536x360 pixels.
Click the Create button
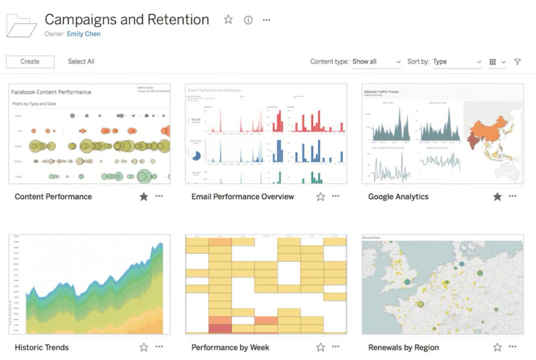point(30,62)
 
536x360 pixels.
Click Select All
point(81,62)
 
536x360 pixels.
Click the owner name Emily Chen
point(84,34)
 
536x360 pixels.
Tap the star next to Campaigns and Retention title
point(228,20)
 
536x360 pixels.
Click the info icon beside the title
point(248,20)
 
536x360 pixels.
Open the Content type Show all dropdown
point(377,62)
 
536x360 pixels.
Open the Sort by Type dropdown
point(457,62)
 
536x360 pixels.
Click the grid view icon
point(493,62)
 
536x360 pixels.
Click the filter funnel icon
point(517,62)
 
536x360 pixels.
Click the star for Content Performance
point(143,197)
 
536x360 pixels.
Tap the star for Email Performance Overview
point(320,197)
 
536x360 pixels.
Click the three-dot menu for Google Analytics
point(512,196)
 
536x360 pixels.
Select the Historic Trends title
point(42,347)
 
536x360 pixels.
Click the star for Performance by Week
point(320,347)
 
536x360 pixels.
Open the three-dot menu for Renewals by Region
point(512,347)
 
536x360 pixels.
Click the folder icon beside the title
point(21,25)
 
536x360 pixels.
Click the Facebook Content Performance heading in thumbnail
point(51,92)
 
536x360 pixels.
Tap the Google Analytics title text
point(398,197)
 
